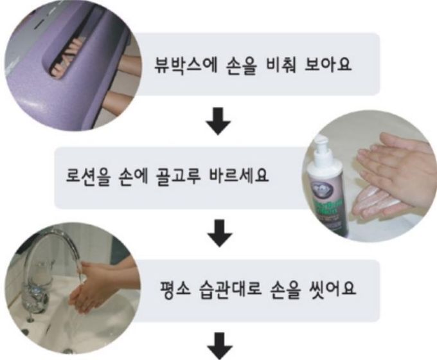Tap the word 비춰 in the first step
point(285,65)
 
